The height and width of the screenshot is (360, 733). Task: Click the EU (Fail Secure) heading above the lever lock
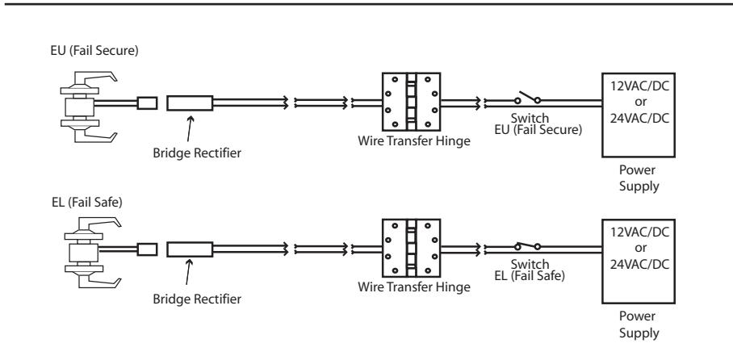pyautogui.click(x=94, y=51)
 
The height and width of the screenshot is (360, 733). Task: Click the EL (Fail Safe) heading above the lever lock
pyautogui.click(x=87, y=203)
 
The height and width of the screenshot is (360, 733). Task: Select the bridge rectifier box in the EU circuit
pyautogui.click(x=190, y=103)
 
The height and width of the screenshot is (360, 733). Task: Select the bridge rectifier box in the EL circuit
pyautogui.click(x=190, y=249)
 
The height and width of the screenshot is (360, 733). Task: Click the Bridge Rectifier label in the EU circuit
pyautogui.click(x=197, y=153)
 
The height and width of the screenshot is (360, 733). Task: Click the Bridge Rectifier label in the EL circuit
pyautogui.click(x=197, y=299)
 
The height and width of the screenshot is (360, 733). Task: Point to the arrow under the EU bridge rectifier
pyautogui.click(x=190, y=128)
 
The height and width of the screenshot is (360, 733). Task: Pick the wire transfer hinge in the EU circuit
pyautogui.click(x=412, y=102)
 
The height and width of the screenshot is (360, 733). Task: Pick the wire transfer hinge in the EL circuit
pyautogui.click(x=412, y=249)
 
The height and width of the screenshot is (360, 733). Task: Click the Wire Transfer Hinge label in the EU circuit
pyautogui.click(x=414, y=140)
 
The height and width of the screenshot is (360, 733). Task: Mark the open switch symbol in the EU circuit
pyautogui.click(x=527, y=98)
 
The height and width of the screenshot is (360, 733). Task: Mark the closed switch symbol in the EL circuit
pyautogui.click(x=527, y=246)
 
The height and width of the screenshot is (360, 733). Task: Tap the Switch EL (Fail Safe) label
pyautogui.click(x=530, y=270)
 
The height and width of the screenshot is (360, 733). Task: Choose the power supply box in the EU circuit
pyautogui.click(x=638, y=115)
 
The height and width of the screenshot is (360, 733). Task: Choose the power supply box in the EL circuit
pyautogui.click(x=638, y=262)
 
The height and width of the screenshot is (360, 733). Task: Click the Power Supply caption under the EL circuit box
pyautogui.click(x=639, y=324)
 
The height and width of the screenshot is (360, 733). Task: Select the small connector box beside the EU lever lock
pyautogui.click(x=147, y=103)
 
